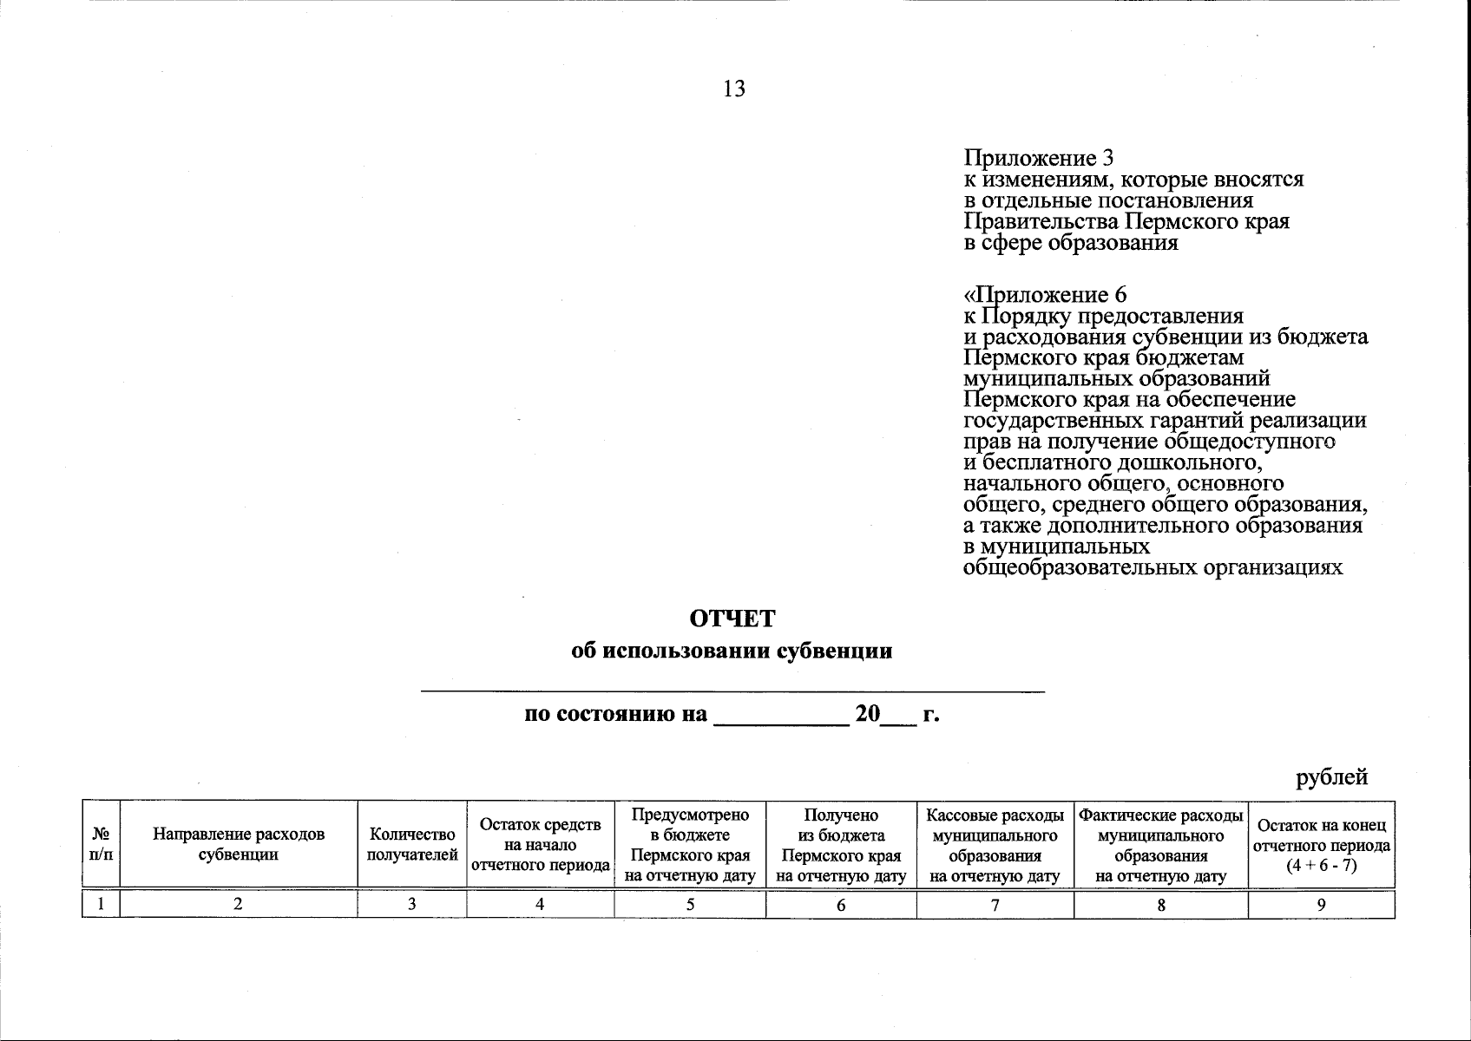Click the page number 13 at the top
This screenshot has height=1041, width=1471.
tap(733, 89)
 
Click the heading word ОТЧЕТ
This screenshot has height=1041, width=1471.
tap(732, 619)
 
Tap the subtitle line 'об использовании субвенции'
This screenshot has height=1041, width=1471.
tap(732, 651)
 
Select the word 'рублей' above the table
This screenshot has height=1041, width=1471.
tap(1332, 777)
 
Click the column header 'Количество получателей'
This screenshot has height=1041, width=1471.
tap(412, 844)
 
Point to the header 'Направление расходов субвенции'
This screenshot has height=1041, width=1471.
tap(239, 844)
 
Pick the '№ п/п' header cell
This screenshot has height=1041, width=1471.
tap(101, 844)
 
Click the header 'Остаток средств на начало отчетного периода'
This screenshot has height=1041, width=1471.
tap(540, 844)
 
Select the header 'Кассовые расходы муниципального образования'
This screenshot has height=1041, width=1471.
tap(995, 844)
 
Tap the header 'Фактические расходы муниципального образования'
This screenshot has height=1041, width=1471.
tap(1160, 844)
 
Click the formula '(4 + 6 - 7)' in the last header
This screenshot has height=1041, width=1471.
tap(1321, 865)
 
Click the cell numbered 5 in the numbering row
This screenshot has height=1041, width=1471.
tap(690, 904)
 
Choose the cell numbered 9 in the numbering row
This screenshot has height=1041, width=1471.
tap(1321, 904)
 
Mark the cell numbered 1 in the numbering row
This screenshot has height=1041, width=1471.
tap(101, 904)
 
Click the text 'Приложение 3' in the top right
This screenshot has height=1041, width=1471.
tap(1039, 159)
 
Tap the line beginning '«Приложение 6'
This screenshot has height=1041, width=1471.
tap(1046, 295)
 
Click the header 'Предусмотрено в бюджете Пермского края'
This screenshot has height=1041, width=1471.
tap(690, 844)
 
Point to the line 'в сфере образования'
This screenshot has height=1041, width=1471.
tap(1071, 242)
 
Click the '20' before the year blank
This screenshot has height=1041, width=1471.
tap(867, 715)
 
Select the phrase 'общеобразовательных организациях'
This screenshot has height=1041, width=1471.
tap(1153, 567)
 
